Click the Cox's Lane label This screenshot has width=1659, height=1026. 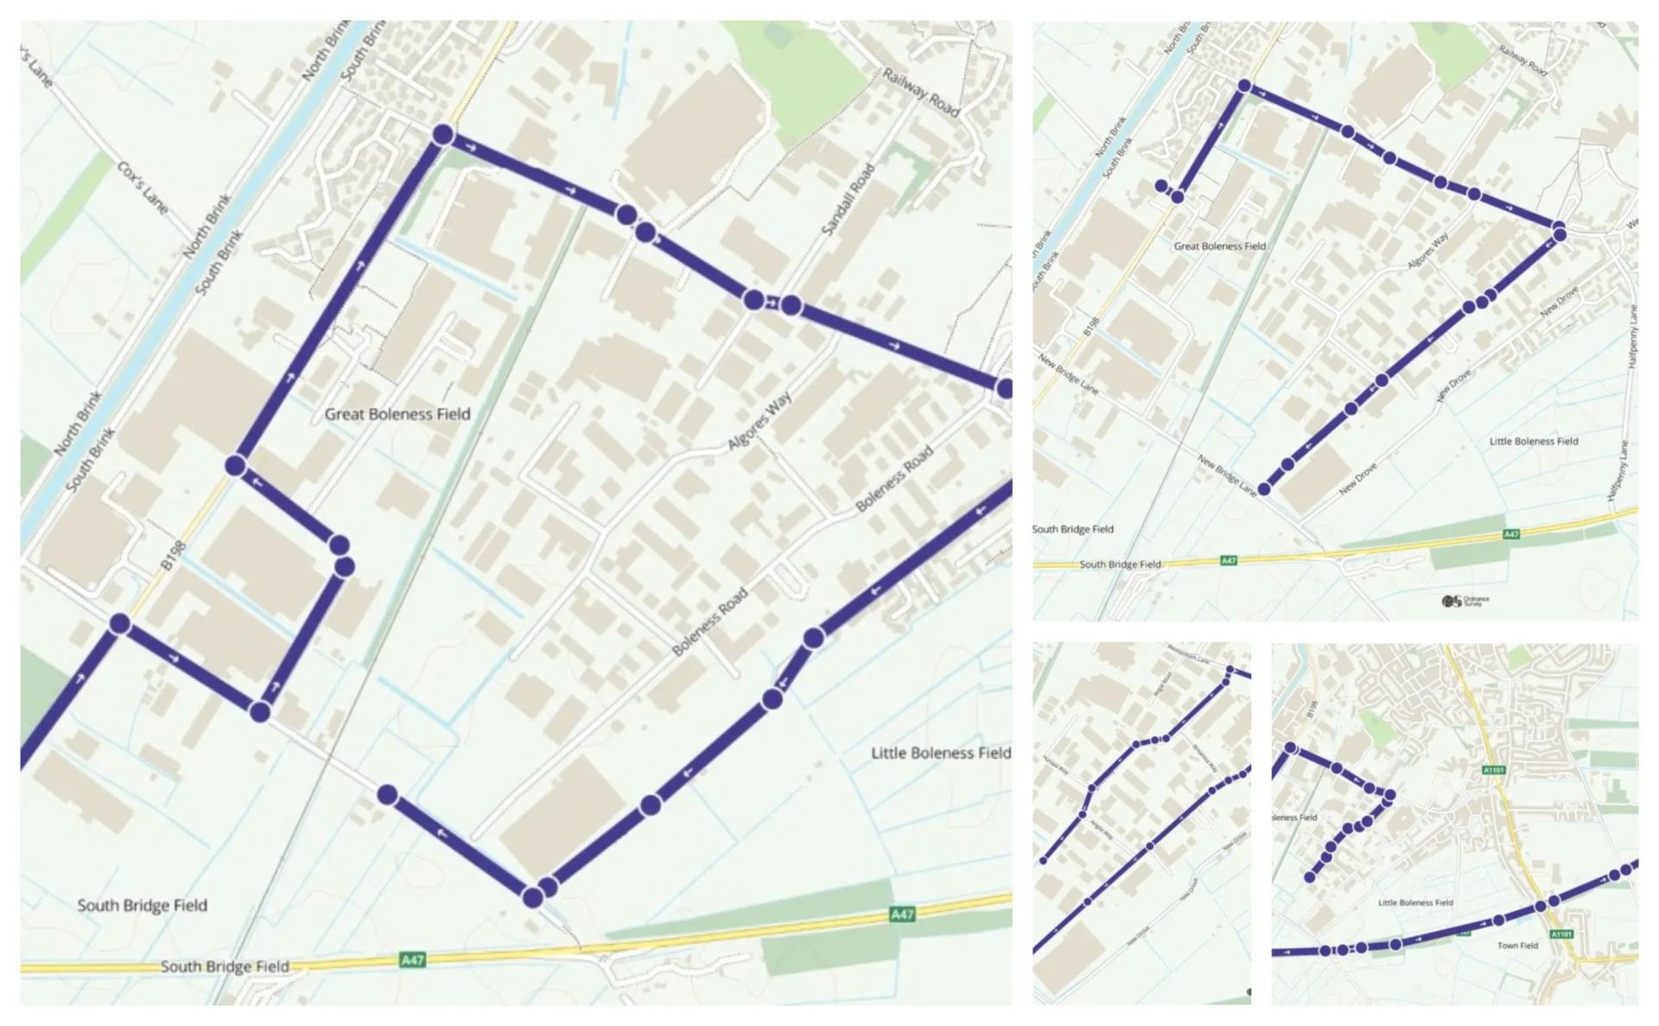point(143,187)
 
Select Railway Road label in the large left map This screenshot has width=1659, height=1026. point(921,92)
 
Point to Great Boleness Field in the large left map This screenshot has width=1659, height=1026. point(397,414)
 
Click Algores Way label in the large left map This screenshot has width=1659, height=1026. point(760,421)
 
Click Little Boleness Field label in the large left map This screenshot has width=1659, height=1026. point(940,753)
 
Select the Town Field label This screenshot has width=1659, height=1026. point(1517,946)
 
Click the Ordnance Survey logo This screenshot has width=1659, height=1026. point(1465,601)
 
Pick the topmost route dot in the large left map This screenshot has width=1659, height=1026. point(442,135)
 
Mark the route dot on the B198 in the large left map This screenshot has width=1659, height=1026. point(120,624)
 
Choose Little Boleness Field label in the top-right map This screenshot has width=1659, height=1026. point(1534,441)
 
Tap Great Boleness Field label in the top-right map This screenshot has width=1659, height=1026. point(1219,246)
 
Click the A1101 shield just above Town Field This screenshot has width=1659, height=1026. point(1560,934)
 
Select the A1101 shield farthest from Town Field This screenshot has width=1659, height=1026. point(1494,770)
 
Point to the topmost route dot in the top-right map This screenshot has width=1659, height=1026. point(1244,86)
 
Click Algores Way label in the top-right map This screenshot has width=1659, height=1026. point(1427,251)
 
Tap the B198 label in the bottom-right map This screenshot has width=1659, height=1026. point(1313,710)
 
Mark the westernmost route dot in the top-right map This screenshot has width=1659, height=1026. point(1161,186)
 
